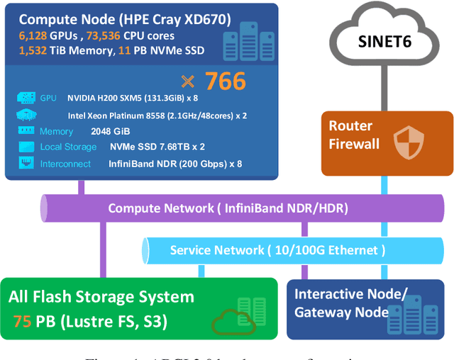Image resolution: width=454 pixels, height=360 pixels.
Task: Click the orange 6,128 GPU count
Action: (x=33, y=35)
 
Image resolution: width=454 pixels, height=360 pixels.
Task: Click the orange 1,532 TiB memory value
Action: (x=33, y=50)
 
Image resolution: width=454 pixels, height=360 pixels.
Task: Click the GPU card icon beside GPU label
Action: (x=25, y=98)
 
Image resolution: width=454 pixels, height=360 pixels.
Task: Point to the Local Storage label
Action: (x=67, y=147)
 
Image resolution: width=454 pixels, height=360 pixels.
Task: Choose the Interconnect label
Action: (x=65, y=164)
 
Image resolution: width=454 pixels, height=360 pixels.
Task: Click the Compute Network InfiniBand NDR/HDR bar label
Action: (x=228, y=209)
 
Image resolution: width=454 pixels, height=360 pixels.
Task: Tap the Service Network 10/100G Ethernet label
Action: (x=277, y=250)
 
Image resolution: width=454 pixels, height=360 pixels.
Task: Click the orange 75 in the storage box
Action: (x=21, y=321)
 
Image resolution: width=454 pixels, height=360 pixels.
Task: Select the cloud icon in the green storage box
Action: (x=231, y=321)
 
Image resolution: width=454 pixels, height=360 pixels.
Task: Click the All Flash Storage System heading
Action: (x=101, y=297)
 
